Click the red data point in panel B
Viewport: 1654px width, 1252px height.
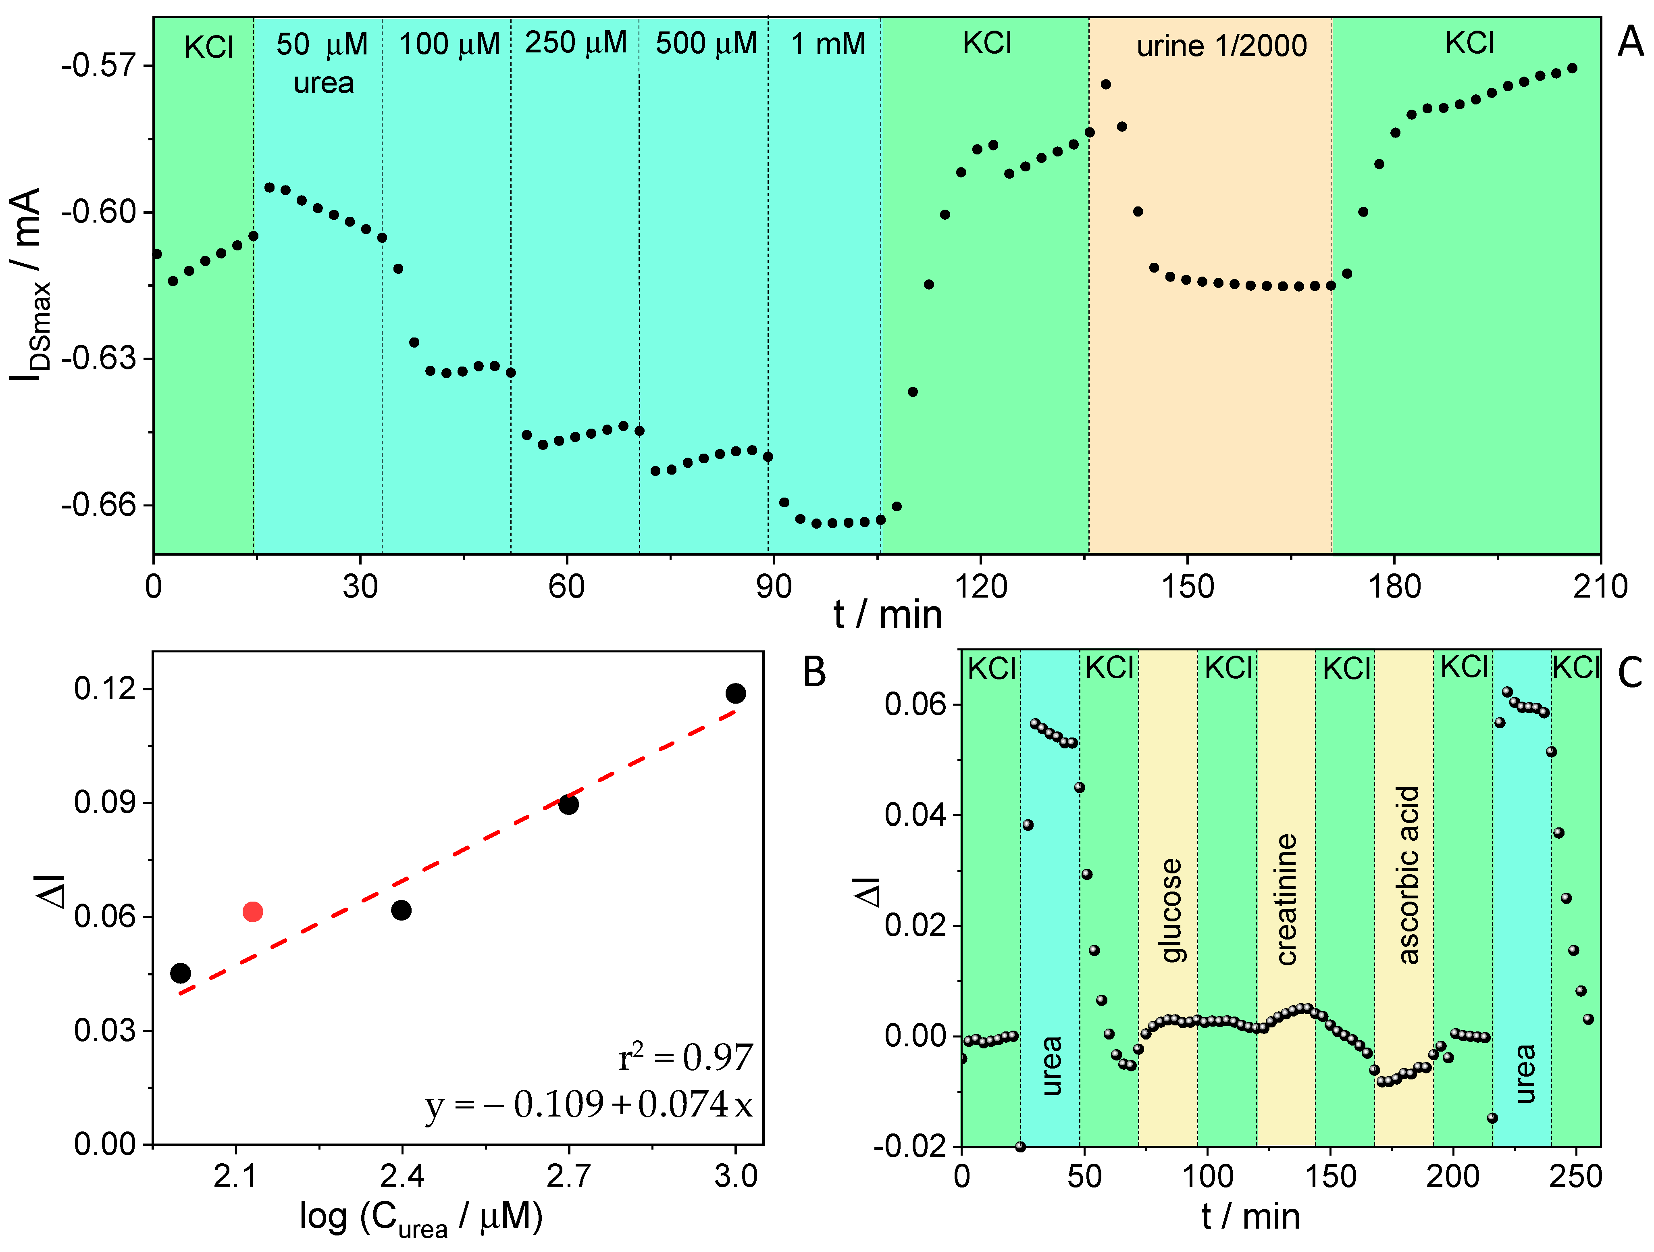(253, 912)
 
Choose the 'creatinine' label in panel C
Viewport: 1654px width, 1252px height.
(1286, 899)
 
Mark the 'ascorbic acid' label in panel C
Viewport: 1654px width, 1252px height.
(1407, 875)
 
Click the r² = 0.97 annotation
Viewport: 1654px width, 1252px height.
(685, 1058)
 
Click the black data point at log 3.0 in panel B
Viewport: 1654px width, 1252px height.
(736, 693)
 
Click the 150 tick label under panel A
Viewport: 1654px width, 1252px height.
(1188, 587)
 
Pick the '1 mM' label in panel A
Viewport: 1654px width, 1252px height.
(828, 44)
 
